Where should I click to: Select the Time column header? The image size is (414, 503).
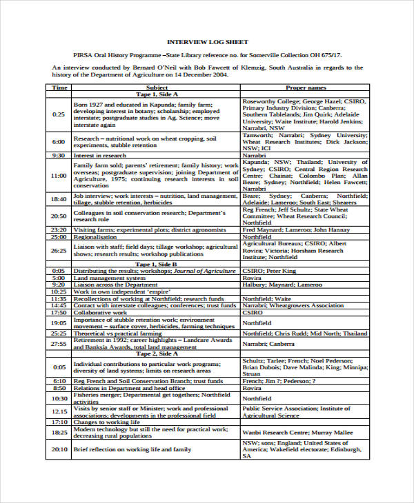59,88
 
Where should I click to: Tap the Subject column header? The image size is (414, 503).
157,88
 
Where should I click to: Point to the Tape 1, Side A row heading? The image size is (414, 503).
157,94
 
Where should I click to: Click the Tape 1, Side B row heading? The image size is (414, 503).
157,264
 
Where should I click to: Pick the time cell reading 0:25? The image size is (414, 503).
59,114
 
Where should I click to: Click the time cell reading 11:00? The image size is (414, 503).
59,176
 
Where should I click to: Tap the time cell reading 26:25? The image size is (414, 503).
59,250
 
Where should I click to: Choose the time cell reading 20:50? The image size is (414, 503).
59,216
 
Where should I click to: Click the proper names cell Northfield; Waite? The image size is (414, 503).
266,298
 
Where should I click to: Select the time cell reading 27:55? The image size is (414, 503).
59,343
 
